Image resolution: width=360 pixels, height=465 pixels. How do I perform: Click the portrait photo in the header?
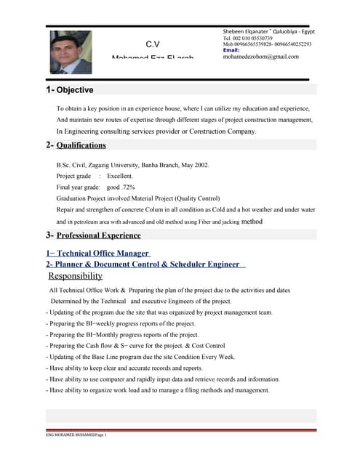pos(71,52)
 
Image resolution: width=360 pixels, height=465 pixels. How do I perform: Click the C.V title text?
pos(153,44)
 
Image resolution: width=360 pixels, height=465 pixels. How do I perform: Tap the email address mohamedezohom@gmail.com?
pos(261,57)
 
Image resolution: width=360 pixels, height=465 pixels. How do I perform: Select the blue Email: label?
pos(231,50)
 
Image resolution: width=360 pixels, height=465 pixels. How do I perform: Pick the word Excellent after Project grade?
pos(120,177)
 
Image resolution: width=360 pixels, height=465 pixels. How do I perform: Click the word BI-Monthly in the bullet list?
pos(103,335)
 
